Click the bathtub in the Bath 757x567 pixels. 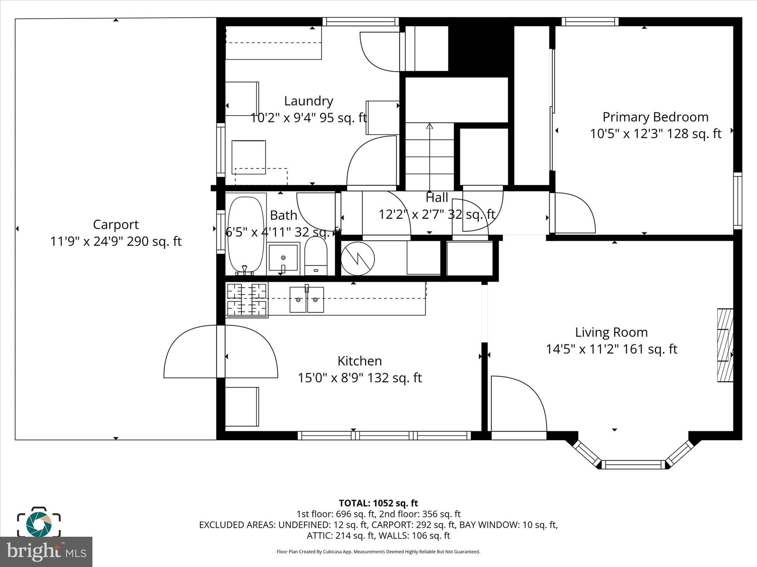[x=246, y=234]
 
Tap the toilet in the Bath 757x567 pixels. [x=316, y=256]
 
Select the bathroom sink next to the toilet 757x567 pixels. [x=283, y=257]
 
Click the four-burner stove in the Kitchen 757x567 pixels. [x=247, y=300]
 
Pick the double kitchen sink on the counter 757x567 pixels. [x=306, y=299]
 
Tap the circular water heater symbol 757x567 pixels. [x=357, y=258]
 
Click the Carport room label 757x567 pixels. [x=116, y=224]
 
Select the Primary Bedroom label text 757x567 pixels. [x=655, y=117]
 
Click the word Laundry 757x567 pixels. [x=308, y=101]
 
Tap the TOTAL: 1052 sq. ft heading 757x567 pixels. [x=378, y=503]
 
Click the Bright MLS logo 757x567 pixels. [x=46, y=551]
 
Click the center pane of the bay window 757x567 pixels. [x=633, y=464]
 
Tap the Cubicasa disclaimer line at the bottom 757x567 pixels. [x=378, y=552]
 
